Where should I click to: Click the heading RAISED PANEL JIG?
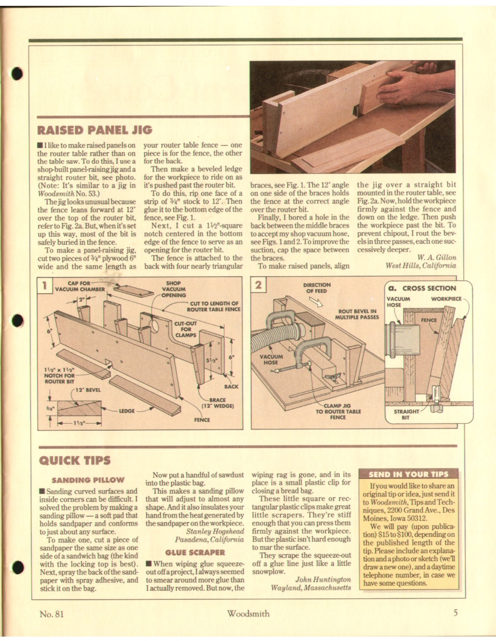tap(95, 128)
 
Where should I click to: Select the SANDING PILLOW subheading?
tap(89, 480)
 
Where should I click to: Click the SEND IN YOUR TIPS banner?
tap(409, 474)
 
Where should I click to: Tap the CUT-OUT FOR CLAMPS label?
tap(186, 329)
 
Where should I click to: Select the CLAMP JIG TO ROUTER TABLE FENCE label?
tap(338, 412)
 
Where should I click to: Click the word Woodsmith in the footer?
tap(248, 613)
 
